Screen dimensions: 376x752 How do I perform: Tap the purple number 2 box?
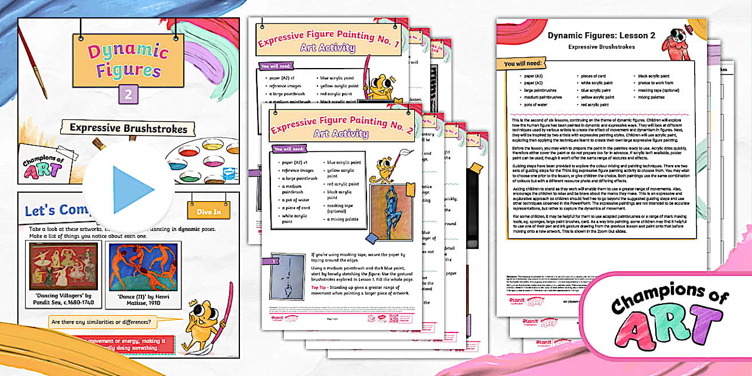[128, 94]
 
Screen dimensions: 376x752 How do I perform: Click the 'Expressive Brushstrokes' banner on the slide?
[128, 128]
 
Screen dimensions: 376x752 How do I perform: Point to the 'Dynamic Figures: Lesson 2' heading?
[602, 35]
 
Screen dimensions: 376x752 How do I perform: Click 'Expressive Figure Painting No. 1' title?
[328, 42]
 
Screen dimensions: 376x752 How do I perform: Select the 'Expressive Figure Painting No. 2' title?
[341, 128]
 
